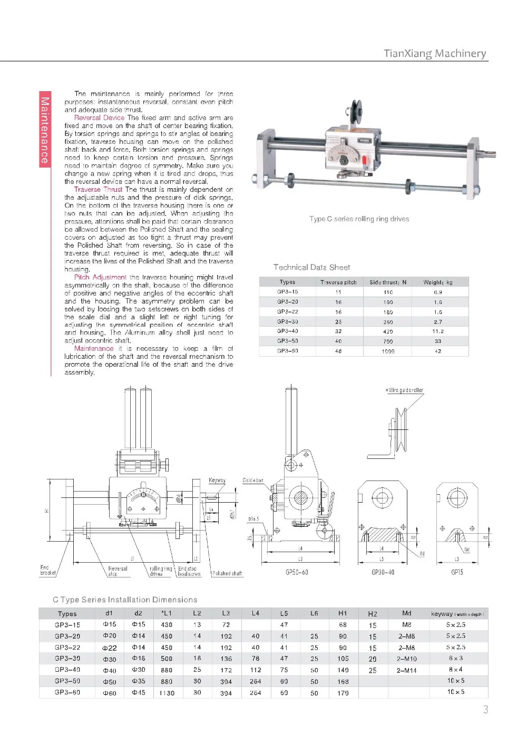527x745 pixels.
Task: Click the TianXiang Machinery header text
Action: pyautogui.click(x=435, y=53)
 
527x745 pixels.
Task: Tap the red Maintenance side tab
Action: pyautogui.click(x=45, y=130)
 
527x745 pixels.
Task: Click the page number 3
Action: pyautogui.click(x=485, y=710)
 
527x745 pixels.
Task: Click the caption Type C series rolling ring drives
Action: pyautogui.click(x=359, y=219)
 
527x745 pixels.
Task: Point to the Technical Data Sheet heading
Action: pyautogui.click(x=311, y=267)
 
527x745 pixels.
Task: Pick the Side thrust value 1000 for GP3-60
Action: pyautogui.click(x=388, y=351)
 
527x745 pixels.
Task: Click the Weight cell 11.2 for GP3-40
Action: pyautogui.click(x=438, y=331)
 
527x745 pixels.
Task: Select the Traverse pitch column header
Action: pyautogui.click(x=338, y=282)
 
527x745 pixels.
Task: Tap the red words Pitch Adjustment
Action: pyautogui.click(x=100, y=277)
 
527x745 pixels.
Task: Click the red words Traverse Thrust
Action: pyautogui.click(x=98, y=190)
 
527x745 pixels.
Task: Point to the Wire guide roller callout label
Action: pyautogui.click(x=405, y=390)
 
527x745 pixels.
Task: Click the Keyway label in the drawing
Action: pyautogui.click(x=217, y=481)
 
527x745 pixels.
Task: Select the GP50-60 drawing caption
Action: pyautogui.click(x=297, y=572)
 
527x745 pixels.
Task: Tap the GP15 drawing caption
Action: pyautogui.click(x=457, y=572)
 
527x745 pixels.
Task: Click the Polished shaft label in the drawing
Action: pyautogui.click(x=228, y=573)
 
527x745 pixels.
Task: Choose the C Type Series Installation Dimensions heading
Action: pyautogui.click(x=125, y=600)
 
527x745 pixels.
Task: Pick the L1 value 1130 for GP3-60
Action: pyautogui.click(x=167, y=693)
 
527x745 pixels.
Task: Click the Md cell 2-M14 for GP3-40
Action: pyautogui.click(x=406, y=670)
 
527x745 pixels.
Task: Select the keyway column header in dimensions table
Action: pyautogui.click(x=457, y=614)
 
